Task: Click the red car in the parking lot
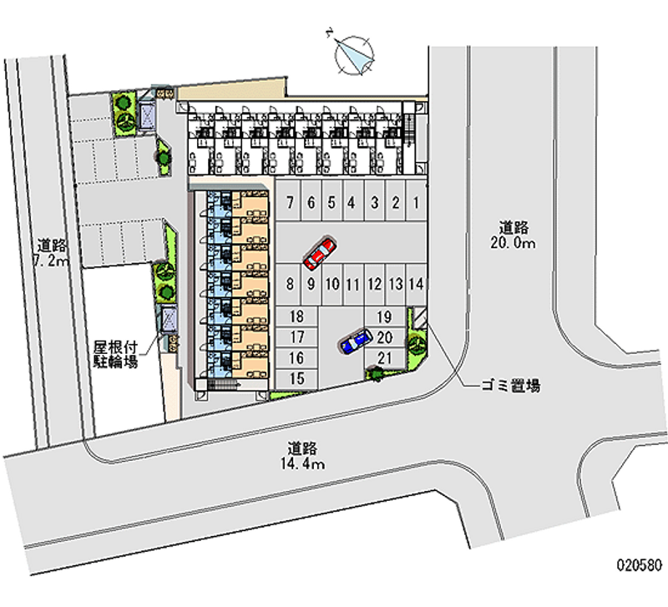[320, 254]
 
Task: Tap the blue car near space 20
[356, 341]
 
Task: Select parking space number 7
[289, 202]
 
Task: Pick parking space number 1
[415, 202]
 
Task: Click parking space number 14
[417, 284]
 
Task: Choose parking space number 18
[295, 316]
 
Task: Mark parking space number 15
[295, 378]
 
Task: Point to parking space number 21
[385, 358]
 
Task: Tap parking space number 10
[331, 284]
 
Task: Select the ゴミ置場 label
[510, 386]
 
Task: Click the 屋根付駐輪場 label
[116, 355]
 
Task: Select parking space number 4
[352, 202]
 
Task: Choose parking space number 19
[385, 316]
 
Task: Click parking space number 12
[375, 284]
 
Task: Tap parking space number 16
[295, 358]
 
